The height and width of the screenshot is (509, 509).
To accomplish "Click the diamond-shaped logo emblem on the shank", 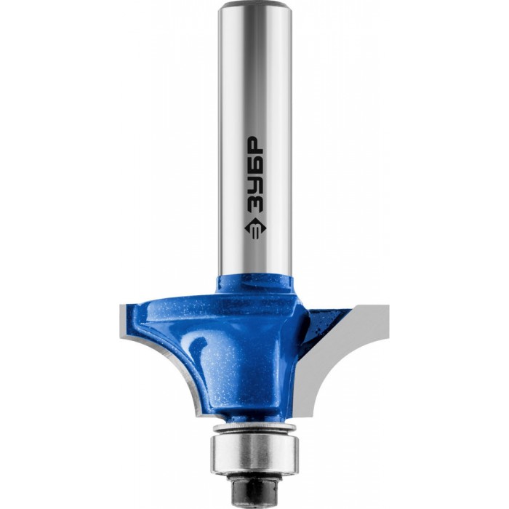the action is [x=255, y=228].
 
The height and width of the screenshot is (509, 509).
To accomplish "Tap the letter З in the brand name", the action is [x=255, y=202].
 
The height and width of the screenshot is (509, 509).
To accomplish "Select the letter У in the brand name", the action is [x=255, y=182].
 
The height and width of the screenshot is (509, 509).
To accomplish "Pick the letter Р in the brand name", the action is [x=255, y=143].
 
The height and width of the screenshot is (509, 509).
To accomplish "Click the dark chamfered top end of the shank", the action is [x=254, y=5].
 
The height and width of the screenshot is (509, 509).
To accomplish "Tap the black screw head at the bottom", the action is [x=254, y=495].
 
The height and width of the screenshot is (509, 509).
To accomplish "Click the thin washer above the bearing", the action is [x=254, y=428].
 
